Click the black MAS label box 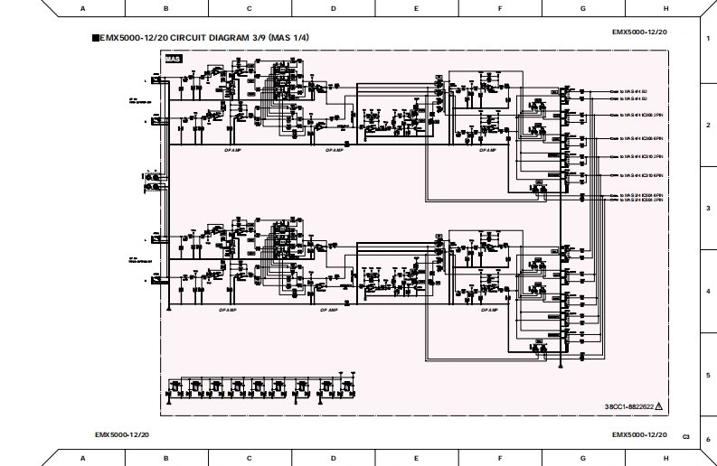173,59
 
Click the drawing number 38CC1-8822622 629,407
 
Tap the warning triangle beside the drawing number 659,407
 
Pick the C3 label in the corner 686,437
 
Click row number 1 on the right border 708,41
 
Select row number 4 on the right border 708,291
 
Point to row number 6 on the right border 708,440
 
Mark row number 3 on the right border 708,208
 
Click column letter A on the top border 83,8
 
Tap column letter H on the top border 666,8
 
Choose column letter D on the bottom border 333,458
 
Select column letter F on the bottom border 500,458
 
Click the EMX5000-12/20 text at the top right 639,32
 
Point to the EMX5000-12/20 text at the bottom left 122,435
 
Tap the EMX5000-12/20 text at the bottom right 639,435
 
